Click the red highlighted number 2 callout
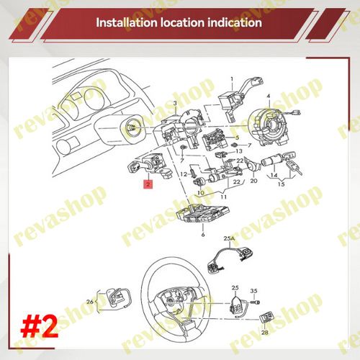point(148,184)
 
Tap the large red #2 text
point(40,328)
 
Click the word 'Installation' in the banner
point(127,22)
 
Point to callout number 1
point(232,79)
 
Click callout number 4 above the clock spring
point(269,96)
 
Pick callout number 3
point(175,104)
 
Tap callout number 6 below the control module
point(203,234)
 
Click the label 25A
point(229,238)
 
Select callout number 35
point(253,291)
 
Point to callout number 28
point(265,333)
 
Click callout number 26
point(90,302)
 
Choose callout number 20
point(253,181)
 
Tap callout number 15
point(282,184)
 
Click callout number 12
point(184,174)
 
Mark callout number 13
point(239,151)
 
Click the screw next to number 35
point(255,302)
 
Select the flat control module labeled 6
point(203,214)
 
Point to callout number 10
point(201,192)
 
